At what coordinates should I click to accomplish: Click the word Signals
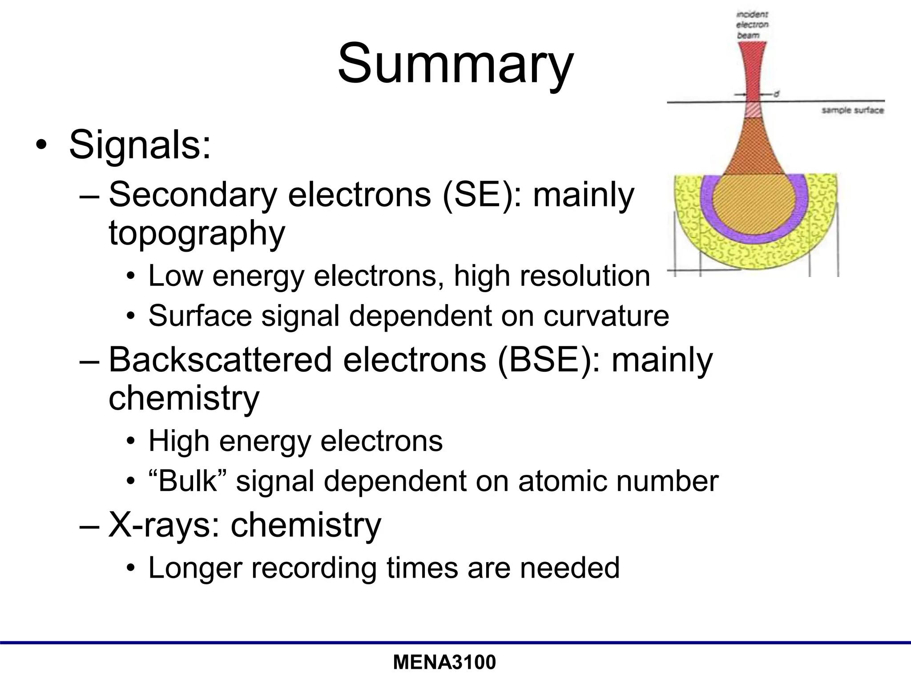point(140,145)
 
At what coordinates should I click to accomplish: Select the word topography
point(197,233)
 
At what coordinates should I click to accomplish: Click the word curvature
point(606,316)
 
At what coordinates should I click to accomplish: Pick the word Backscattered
point(220,359)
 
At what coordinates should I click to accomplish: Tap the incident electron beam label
point(752,24)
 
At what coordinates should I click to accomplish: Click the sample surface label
point(852,110)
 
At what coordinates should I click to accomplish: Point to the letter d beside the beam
point(776,94)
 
